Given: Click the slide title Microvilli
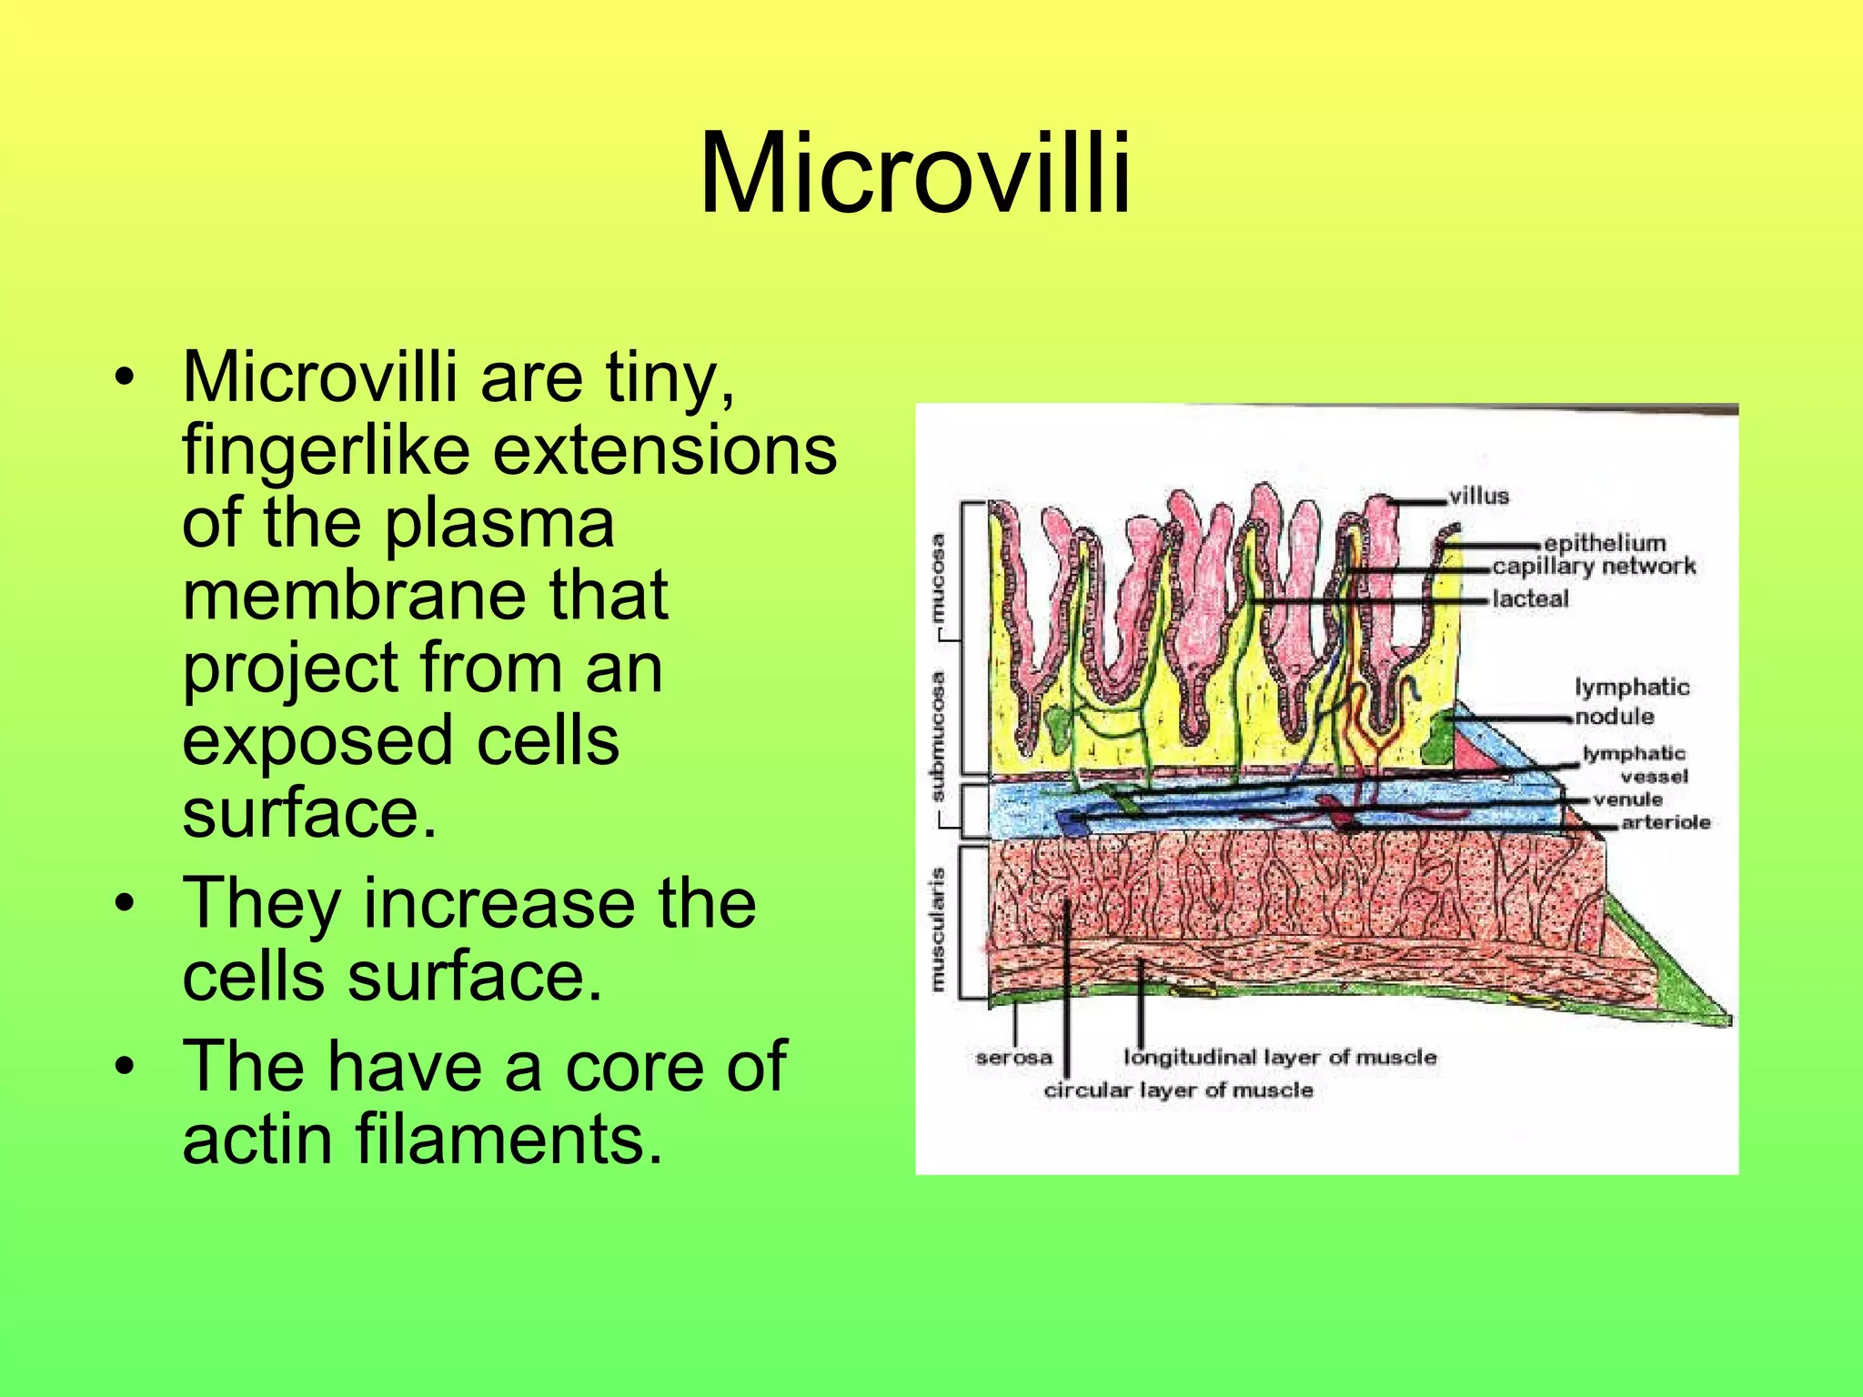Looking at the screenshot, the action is pos(915,173).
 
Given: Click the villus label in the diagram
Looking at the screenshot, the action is pos(1479,496).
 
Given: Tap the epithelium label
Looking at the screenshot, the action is pos(1605,543).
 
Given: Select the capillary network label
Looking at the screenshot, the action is pos(1594,566).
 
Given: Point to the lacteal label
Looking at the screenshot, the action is pos(1530,598).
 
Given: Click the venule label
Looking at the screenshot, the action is pos(1627,799).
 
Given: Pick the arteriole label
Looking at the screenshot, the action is pos(1666,822).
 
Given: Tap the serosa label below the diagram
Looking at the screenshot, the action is pos(1013,1058).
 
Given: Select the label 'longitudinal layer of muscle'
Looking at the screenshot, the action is pos(1280,1057).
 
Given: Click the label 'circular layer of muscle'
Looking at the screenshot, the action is pos(1178,1090).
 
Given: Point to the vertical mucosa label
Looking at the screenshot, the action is pos(938,579).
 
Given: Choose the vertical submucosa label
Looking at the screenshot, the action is pos(938,737).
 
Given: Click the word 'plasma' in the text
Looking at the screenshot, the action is pos(499,526).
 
